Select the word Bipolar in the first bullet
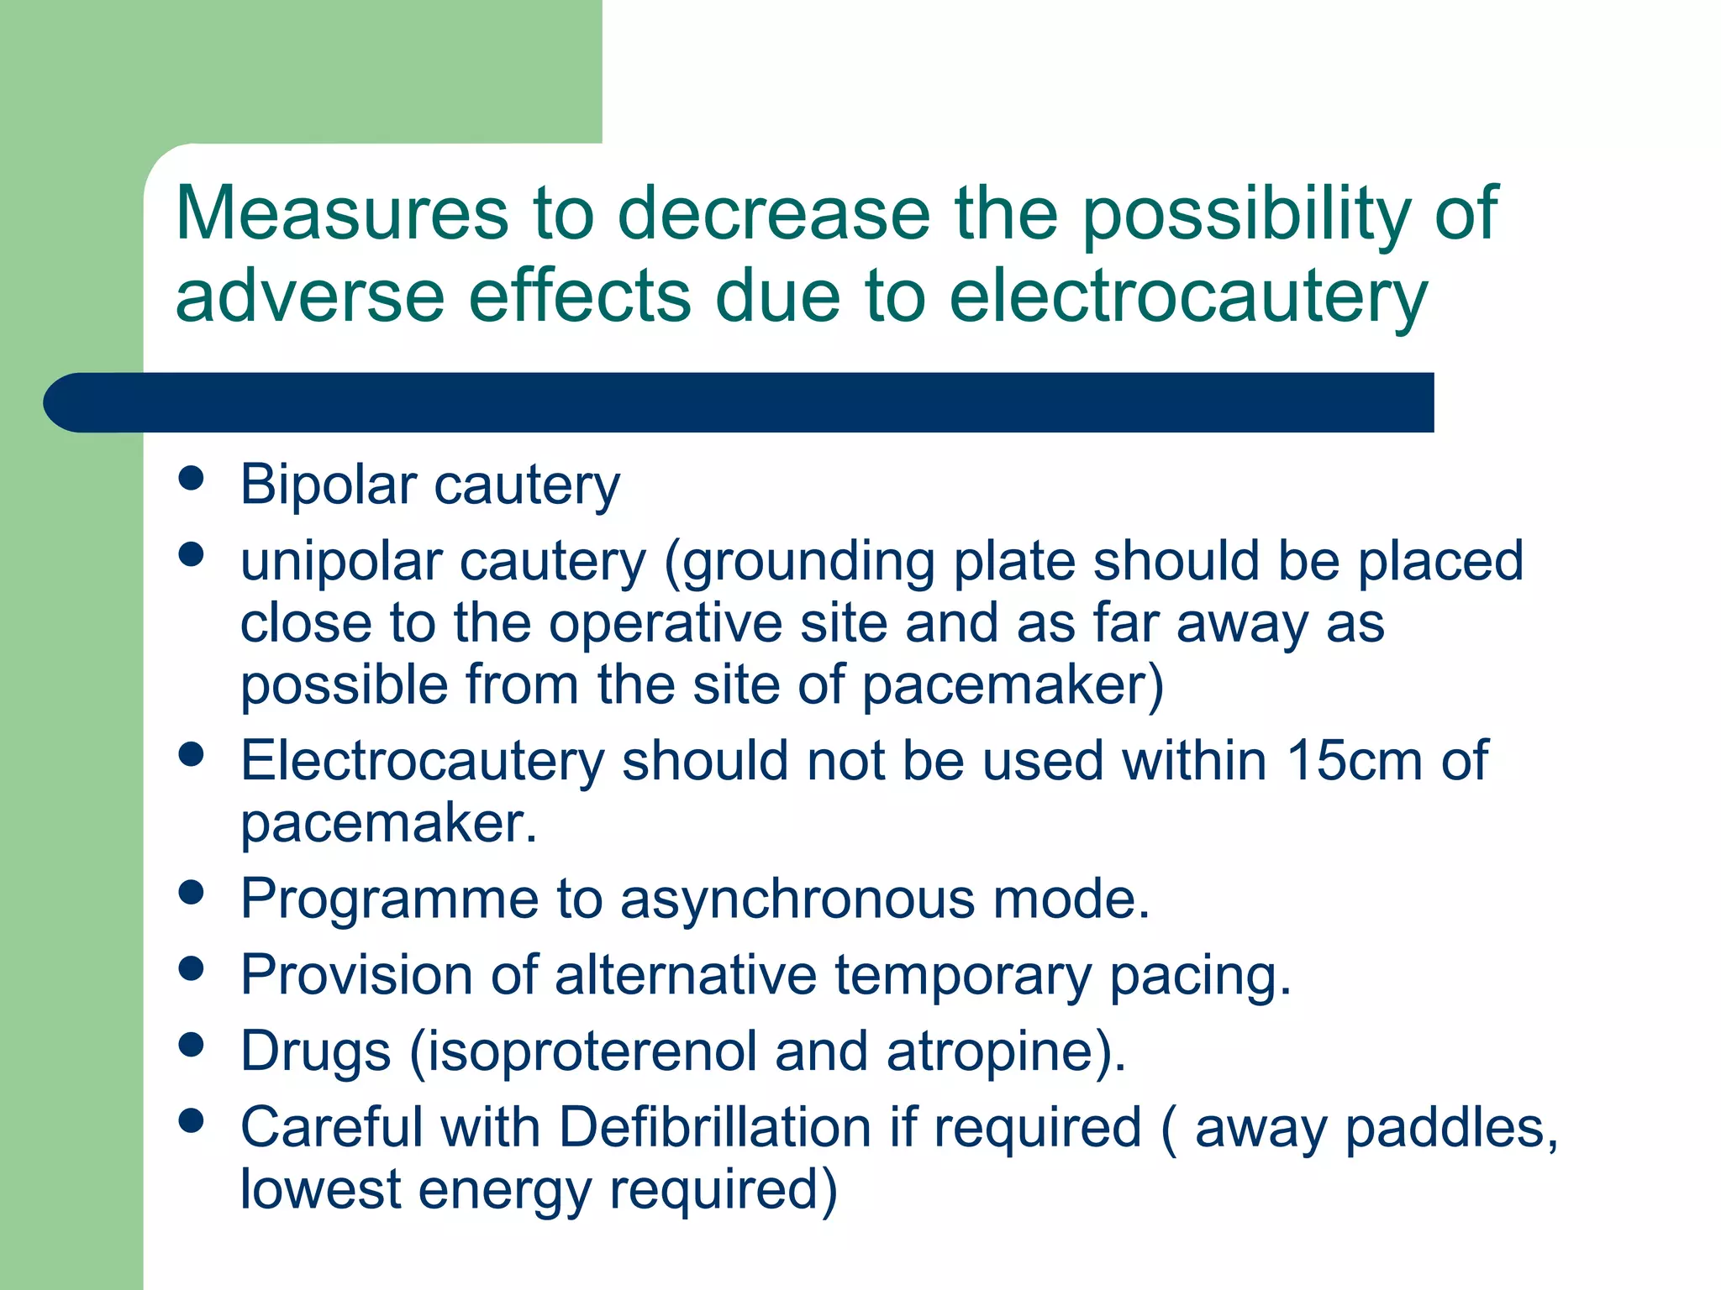tap(328, 485)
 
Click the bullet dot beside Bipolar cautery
tap(192, 478)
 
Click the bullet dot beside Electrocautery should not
tap(192, 753)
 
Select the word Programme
tap(389, 899)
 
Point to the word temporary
tap(963, 976)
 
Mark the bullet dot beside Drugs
tap(192, 1044)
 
